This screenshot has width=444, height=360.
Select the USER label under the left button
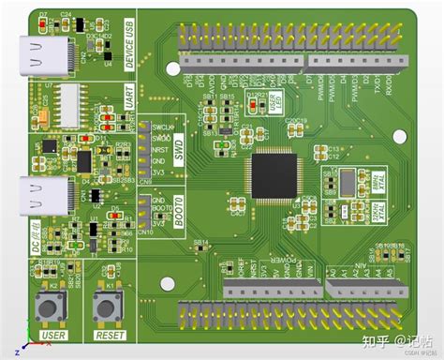(x=54, y=335)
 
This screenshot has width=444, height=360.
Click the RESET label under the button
(x=111, y=335)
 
